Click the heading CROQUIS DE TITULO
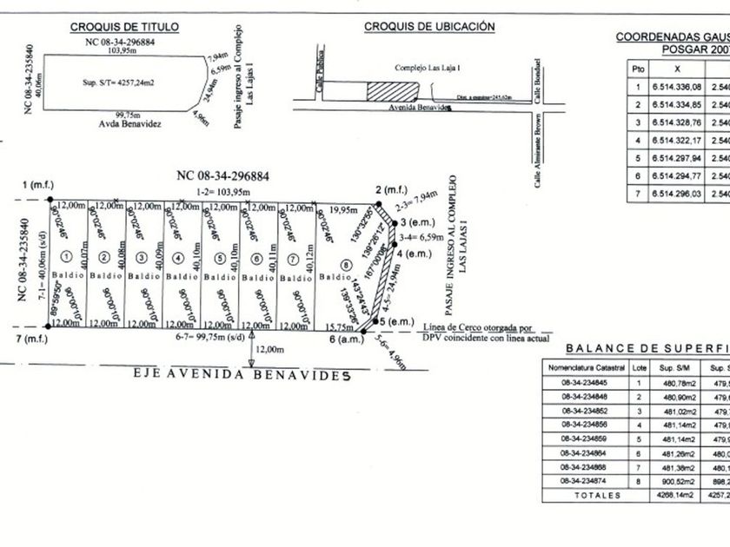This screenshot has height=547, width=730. tap(124, 27)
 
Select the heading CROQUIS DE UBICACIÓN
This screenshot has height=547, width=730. tap(429, 27)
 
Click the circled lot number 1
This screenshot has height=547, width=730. tap(66, 256)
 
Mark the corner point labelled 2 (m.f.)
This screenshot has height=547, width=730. tap(390, 190)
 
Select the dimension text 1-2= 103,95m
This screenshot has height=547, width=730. tap(223, 192)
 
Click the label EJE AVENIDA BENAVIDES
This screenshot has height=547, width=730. tap(241, 375)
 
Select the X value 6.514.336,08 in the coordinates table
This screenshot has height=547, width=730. tap(676, 86)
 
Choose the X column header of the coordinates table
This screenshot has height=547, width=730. tap(676, 68)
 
